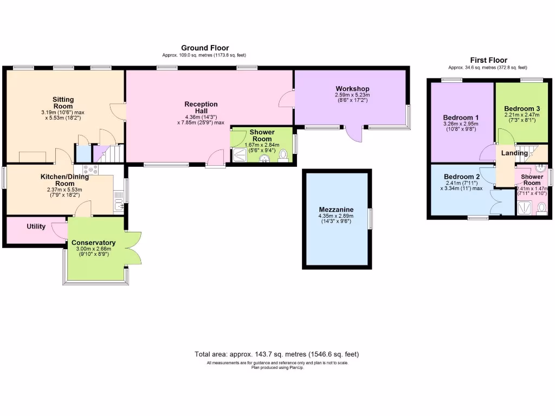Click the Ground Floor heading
pyautogui.click(x=205, y=48)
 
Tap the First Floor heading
pyautogui.click(x=488, y=60)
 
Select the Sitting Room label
pyautogui.click(x=63, y=103)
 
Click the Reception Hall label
pyautogui.click(x=201, y=108)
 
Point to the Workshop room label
pyautogui.click(x=352, y=89)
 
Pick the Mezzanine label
pyautogui.click(x=337, y=210)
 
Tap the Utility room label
pyautogui.click(x=36, y=226)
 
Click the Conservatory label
pyautogui.click(x=93, y=243)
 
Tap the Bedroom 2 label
pyautogui.click(x=462, y=177)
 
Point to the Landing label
pyautogui.click(x=514, y=153)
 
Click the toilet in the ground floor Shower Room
pyautogui.click(x=283, y=155)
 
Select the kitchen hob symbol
pyautogui.click(x=90, y=168)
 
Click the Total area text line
pyautogui.click(x=277, y=354)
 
